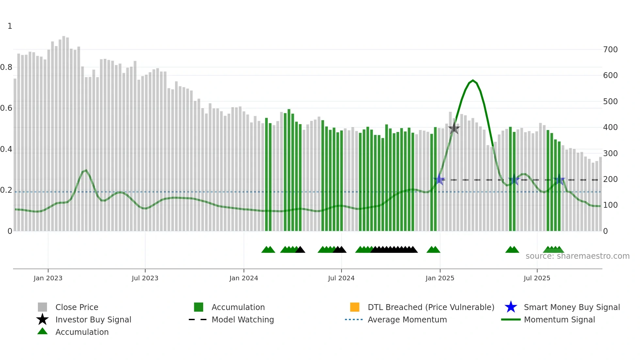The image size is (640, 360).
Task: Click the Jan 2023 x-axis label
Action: click(48, 278)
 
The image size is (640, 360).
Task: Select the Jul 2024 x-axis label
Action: click(341, 278)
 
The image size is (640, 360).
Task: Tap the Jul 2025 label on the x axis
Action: click(537, 278)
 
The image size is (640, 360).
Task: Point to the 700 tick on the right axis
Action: click(610, 50)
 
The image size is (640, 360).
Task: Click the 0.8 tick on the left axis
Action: click(6, 67)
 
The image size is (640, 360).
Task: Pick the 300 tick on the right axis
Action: click(610, 153)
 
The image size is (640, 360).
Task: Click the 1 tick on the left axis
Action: click(10, 26)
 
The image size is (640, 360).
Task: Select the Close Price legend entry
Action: click(77, 307)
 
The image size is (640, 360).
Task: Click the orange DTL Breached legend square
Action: click(355, 307)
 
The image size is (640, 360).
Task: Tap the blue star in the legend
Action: click(511, 307)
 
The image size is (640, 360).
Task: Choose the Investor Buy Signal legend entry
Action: click(93, 319)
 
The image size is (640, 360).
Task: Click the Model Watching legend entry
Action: click(243, 319)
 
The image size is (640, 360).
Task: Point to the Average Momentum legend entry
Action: click(407, 319)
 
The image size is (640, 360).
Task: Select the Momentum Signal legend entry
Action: click(559, 319)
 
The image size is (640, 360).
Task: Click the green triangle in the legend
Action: click(42, 332)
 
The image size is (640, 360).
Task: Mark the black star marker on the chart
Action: click(454, 128)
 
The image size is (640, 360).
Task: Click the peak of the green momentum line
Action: click(473, 80)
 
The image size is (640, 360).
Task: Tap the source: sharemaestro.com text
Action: click(577, 256)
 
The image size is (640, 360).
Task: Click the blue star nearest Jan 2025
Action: click(440, 179)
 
